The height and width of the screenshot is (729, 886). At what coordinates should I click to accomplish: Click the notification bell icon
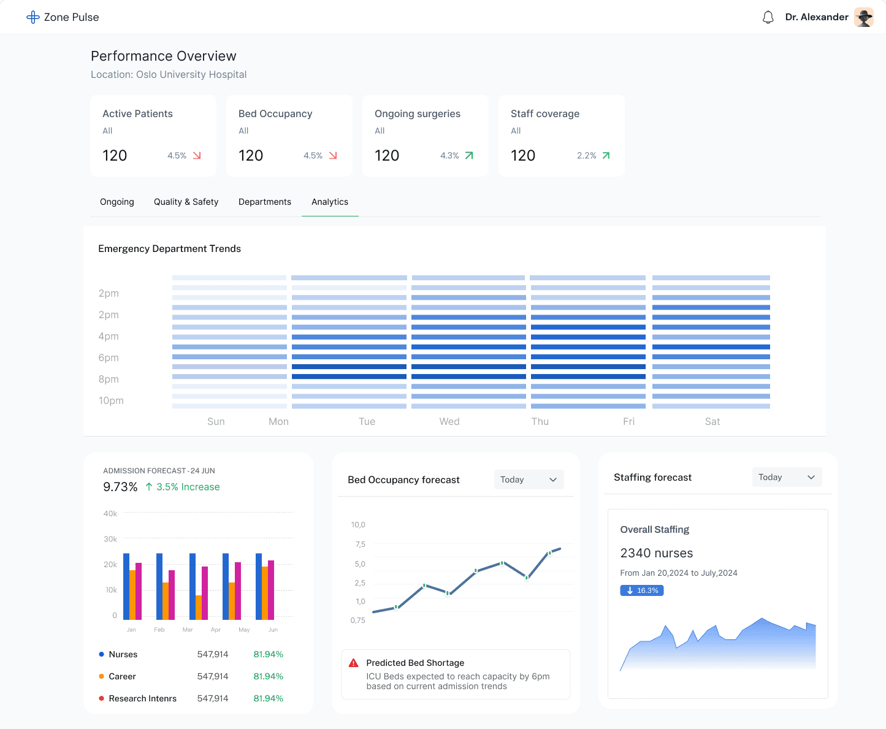tap(768, 17)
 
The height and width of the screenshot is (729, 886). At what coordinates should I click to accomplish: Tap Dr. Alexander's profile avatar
tap(864, 17)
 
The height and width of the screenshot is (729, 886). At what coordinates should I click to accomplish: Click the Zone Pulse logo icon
tap(33, 17)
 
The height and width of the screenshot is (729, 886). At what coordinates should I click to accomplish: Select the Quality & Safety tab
tap(186, 202)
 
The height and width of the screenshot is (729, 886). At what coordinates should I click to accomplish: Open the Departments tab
tap(265, 202)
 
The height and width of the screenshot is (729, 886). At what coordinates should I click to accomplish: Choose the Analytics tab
tap(330, 202)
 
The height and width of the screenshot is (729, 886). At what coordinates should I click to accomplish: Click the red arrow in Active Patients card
tap(197, 156)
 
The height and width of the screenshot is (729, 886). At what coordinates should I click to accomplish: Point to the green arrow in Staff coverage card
tap(606, 156)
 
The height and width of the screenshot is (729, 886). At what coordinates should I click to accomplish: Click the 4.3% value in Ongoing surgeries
tap(449, 156)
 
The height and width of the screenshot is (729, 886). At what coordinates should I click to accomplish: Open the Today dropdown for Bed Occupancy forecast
tap(529, 479)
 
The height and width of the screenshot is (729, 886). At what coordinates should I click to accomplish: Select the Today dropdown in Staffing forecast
tap(787, 477)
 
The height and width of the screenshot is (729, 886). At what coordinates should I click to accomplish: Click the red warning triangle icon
tap(354, 663)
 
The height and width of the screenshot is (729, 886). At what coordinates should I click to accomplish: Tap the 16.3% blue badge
tap(642, 590)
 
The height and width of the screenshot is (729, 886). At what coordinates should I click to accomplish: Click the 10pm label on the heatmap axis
tap(111, 400)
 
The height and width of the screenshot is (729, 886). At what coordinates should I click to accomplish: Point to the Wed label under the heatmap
tap(449, 421)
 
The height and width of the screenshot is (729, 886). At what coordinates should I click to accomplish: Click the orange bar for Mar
tap(199, 607)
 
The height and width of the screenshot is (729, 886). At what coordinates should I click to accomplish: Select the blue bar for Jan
tap(126, 586)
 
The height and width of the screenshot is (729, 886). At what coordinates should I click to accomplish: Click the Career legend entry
tap(122, 676)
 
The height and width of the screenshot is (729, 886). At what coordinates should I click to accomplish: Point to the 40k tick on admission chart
tap(110, 513)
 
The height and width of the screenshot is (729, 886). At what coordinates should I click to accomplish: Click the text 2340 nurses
tap(657, 553)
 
